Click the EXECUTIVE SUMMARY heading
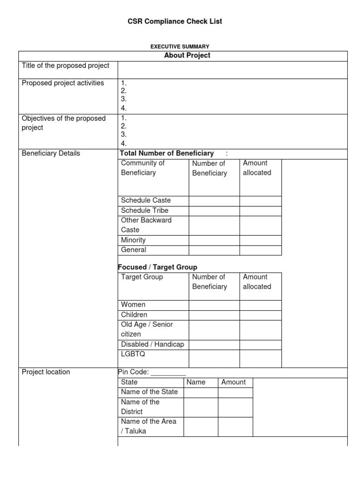pyautogui.click(x=180, y=46)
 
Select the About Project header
pyautogui.click(x=187, y=55)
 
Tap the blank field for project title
pyautogui.click(x=232, y=69)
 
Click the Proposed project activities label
pyautogui.click(x=63, y=83)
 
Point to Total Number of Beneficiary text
pyautogui.click(x=167, y=153)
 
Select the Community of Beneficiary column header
pyautogui.click(x=143, y=168)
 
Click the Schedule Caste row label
pyautogui.click(x=146, y=200)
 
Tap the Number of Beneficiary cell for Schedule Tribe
pyautogui.click(x=214, y=210)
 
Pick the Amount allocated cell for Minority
pyautogui.click(x=261, y=240)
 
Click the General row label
pyautogui.click(x=134, y=250)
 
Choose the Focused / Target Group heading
pyautogui.click(x=157, y=267)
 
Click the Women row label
pyautogui.click(x=133, y=305)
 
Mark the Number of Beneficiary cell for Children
pyautogui.click(x=214, y=315)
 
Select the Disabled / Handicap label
pyautogui.click(x=152, y=344)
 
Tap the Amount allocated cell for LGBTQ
pyautogui.click(x=261, y=359)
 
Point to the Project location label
pyautogui.click(x=46, y=372)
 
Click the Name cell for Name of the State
pyautogui.click(x=201, y=392)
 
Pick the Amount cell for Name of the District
pyautogui.click(x=235, y=407)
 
